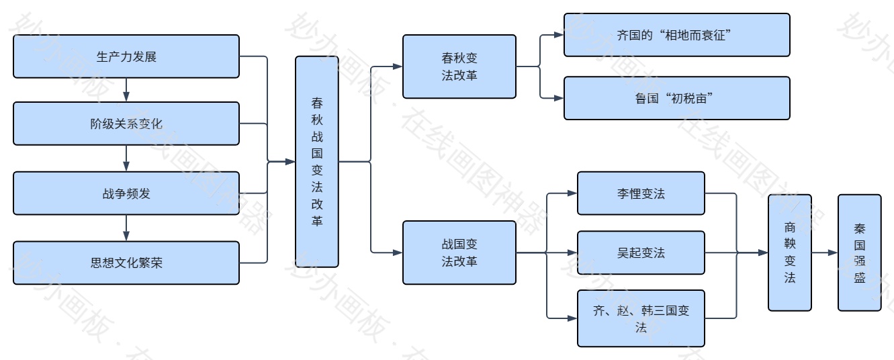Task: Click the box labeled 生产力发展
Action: coord(126,56)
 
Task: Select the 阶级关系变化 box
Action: coord(126,124)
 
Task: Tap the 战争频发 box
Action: coord(126,193)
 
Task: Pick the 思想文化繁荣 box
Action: coord(126,262)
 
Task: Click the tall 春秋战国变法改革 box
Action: coord(317,161)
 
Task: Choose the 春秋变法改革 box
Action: coord(459,66)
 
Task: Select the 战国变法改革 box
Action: coord(459,253)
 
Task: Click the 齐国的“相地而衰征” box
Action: coord(676,34)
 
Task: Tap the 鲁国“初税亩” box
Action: coord(676,98)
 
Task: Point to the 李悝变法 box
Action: coord(641,193)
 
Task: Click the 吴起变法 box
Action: coord(641,253)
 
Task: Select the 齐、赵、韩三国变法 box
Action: coord(641,318)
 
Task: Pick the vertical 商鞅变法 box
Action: coord(789,253)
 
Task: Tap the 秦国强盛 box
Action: coord(859,253)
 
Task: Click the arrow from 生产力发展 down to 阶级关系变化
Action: coord(126,90)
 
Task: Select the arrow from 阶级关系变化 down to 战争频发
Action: coord(126,159)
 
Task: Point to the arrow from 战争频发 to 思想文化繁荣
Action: coord(126,228)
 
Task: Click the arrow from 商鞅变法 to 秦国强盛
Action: coord(824,253)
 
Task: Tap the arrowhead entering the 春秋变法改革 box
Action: coord(398,66)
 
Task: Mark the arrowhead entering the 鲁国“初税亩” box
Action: coord(559,98)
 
